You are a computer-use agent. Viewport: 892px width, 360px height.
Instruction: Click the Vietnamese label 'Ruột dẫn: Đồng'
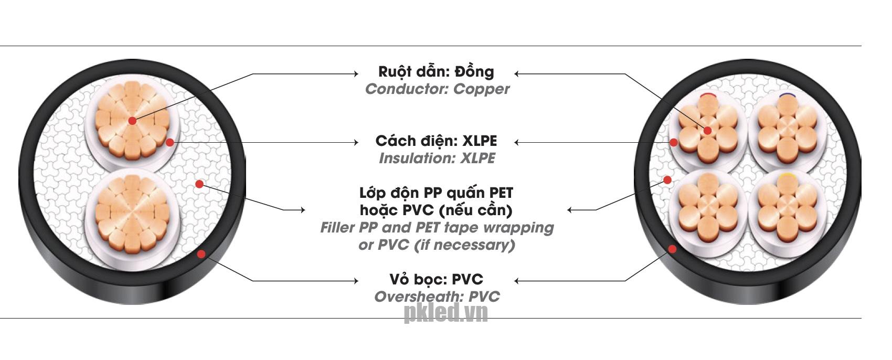point(436,72)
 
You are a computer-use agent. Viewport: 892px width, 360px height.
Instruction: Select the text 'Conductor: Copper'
point(437,89)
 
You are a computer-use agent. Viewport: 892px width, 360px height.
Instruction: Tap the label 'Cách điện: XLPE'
point(436,141)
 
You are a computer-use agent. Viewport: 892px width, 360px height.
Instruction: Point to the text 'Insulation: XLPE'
point(437,158)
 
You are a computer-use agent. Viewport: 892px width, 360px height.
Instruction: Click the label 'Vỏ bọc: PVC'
point(436,279)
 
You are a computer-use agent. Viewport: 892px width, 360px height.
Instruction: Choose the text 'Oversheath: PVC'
point(437,297)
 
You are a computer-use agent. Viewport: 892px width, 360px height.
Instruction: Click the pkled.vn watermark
point(445,313)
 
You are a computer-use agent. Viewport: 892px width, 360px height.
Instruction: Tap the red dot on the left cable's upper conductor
point(132,121)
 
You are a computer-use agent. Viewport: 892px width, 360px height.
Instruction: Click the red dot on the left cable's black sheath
point(201,255)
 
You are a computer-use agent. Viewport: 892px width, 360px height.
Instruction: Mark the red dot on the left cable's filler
point(199,184)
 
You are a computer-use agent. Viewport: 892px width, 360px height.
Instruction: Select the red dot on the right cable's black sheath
point(672,249)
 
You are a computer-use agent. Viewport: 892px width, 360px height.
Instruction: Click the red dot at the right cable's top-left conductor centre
point(707,131)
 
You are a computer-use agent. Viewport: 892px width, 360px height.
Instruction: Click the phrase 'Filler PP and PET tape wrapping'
point(437,228)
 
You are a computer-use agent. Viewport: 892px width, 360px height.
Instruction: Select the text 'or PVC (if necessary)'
point(437,245)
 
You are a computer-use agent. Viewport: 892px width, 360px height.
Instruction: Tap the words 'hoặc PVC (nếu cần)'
point(436,210)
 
